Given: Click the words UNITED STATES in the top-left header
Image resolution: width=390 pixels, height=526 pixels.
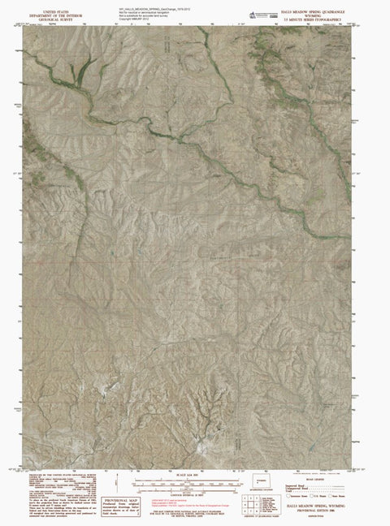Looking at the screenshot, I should (x=50, y=4).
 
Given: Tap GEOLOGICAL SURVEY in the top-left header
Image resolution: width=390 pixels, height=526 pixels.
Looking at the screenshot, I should (x=50, y=17).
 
